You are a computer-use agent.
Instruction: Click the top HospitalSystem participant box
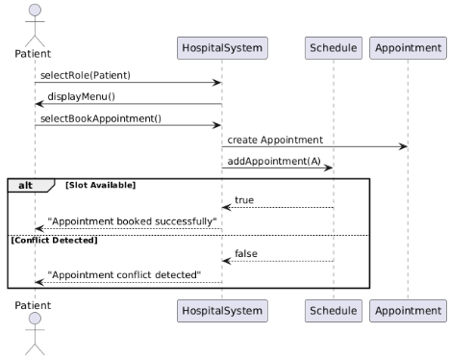click(222, 47)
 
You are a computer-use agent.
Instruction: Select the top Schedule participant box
click(334, 47)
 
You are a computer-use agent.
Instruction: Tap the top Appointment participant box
click(408, 47)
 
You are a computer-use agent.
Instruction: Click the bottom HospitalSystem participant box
click(222, 310)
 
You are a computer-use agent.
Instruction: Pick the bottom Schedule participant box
click(334, 310)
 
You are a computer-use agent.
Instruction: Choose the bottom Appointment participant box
click(408, 310)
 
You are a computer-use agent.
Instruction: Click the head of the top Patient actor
click(35, 11)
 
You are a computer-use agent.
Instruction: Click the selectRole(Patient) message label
click(86, 75)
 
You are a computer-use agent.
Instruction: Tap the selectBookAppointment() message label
click(100, 118)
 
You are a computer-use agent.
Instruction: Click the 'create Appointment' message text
click(275, 141)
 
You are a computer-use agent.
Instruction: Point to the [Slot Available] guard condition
click(100, 184)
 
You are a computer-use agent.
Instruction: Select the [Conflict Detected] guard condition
click(54, 240)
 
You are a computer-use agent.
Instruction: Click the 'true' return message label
click(245, 199)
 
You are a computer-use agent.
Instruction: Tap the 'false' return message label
click(246, 254)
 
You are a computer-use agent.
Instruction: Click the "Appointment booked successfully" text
click(132, 221)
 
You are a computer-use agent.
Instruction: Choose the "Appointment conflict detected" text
click(124, 275)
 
